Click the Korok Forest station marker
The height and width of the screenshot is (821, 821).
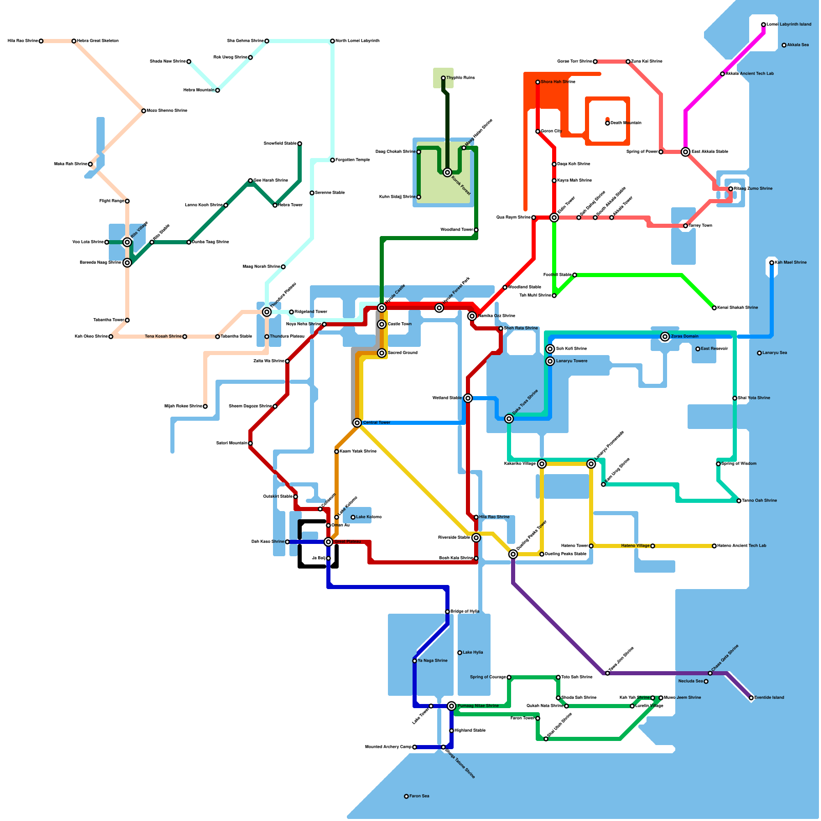click(447, 172)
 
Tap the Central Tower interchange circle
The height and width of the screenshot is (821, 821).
click(357, 423)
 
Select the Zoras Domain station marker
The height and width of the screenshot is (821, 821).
click(665, 337)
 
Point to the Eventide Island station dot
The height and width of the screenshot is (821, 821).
click(751, 698)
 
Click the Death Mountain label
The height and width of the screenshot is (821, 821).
click(625, 123)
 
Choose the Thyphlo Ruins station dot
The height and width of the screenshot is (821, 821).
click(443, 78)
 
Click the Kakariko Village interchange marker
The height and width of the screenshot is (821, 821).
click(542, 464)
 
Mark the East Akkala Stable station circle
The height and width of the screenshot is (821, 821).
click(686, 152)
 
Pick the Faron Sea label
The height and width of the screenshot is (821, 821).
click(419, 796)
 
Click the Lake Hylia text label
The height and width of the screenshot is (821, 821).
click(473, 653)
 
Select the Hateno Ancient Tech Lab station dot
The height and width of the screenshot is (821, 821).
click(714, 546)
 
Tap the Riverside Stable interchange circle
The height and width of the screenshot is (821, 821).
click(476, 538)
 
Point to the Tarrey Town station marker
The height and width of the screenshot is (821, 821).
click(686, 226)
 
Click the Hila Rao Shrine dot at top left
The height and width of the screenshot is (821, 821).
click(41, 41)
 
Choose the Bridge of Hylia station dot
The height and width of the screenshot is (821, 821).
click(447, 612)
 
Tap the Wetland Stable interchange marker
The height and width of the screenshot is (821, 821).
click(468, 398)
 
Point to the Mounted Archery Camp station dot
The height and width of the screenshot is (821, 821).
click(415, 747)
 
